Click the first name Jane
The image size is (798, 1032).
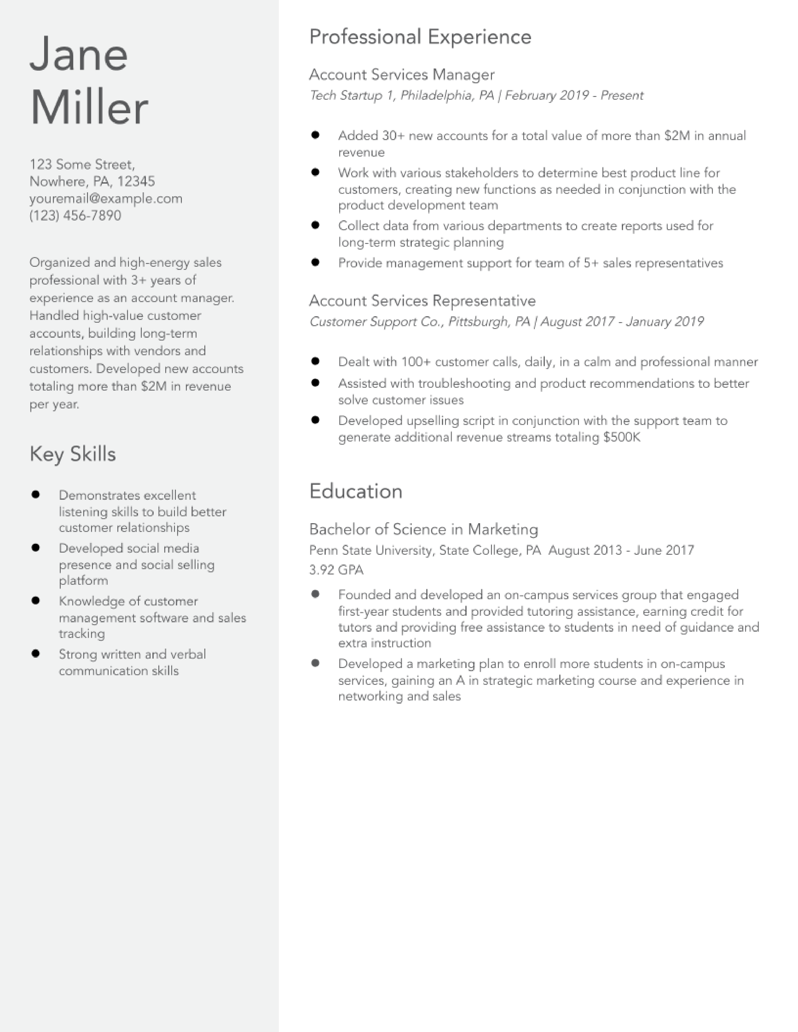pos(79,54)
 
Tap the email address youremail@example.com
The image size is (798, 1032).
pos(106,199)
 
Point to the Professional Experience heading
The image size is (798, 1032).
pos(420,37)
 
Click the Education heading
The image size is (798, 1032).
pos(356,491)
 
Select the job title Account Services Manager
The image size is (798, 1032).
pos(402,75)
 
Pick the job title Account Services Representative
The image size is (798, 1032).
pos(422,301)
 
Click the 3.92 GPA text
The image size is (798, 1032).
pos(336,570)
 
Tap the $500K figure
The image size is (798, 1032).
pos(622,437)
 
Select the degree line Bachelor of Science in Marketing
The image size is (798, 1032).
pos(424,529)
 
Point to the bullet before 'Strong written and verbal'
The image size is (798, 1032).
pos(35,654)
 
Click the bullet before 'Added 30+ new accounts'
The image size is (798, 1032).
pos(315,135)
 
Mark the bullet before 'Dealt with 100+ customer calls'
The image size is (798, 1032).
pos(315,362)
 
